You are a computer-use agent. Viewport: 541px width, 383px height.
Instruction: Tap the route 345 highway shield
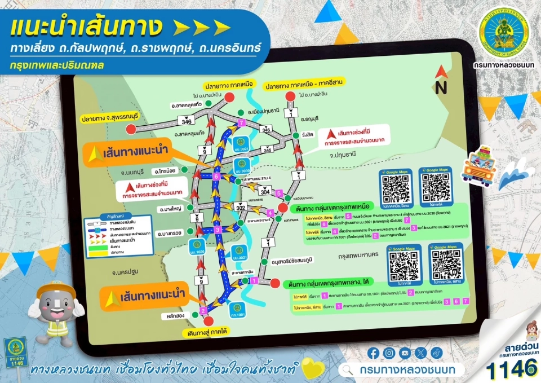coord(268,150)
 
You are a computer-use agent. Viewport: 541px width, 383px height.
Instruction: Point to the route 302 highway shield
coord(241,208)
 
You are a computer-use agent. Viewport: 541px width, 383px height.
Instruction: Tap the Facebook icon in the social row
coord(373,353)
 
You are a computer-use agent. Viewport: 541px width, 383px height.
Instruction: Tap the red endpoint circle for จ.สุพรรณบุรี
coord(131,129)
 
